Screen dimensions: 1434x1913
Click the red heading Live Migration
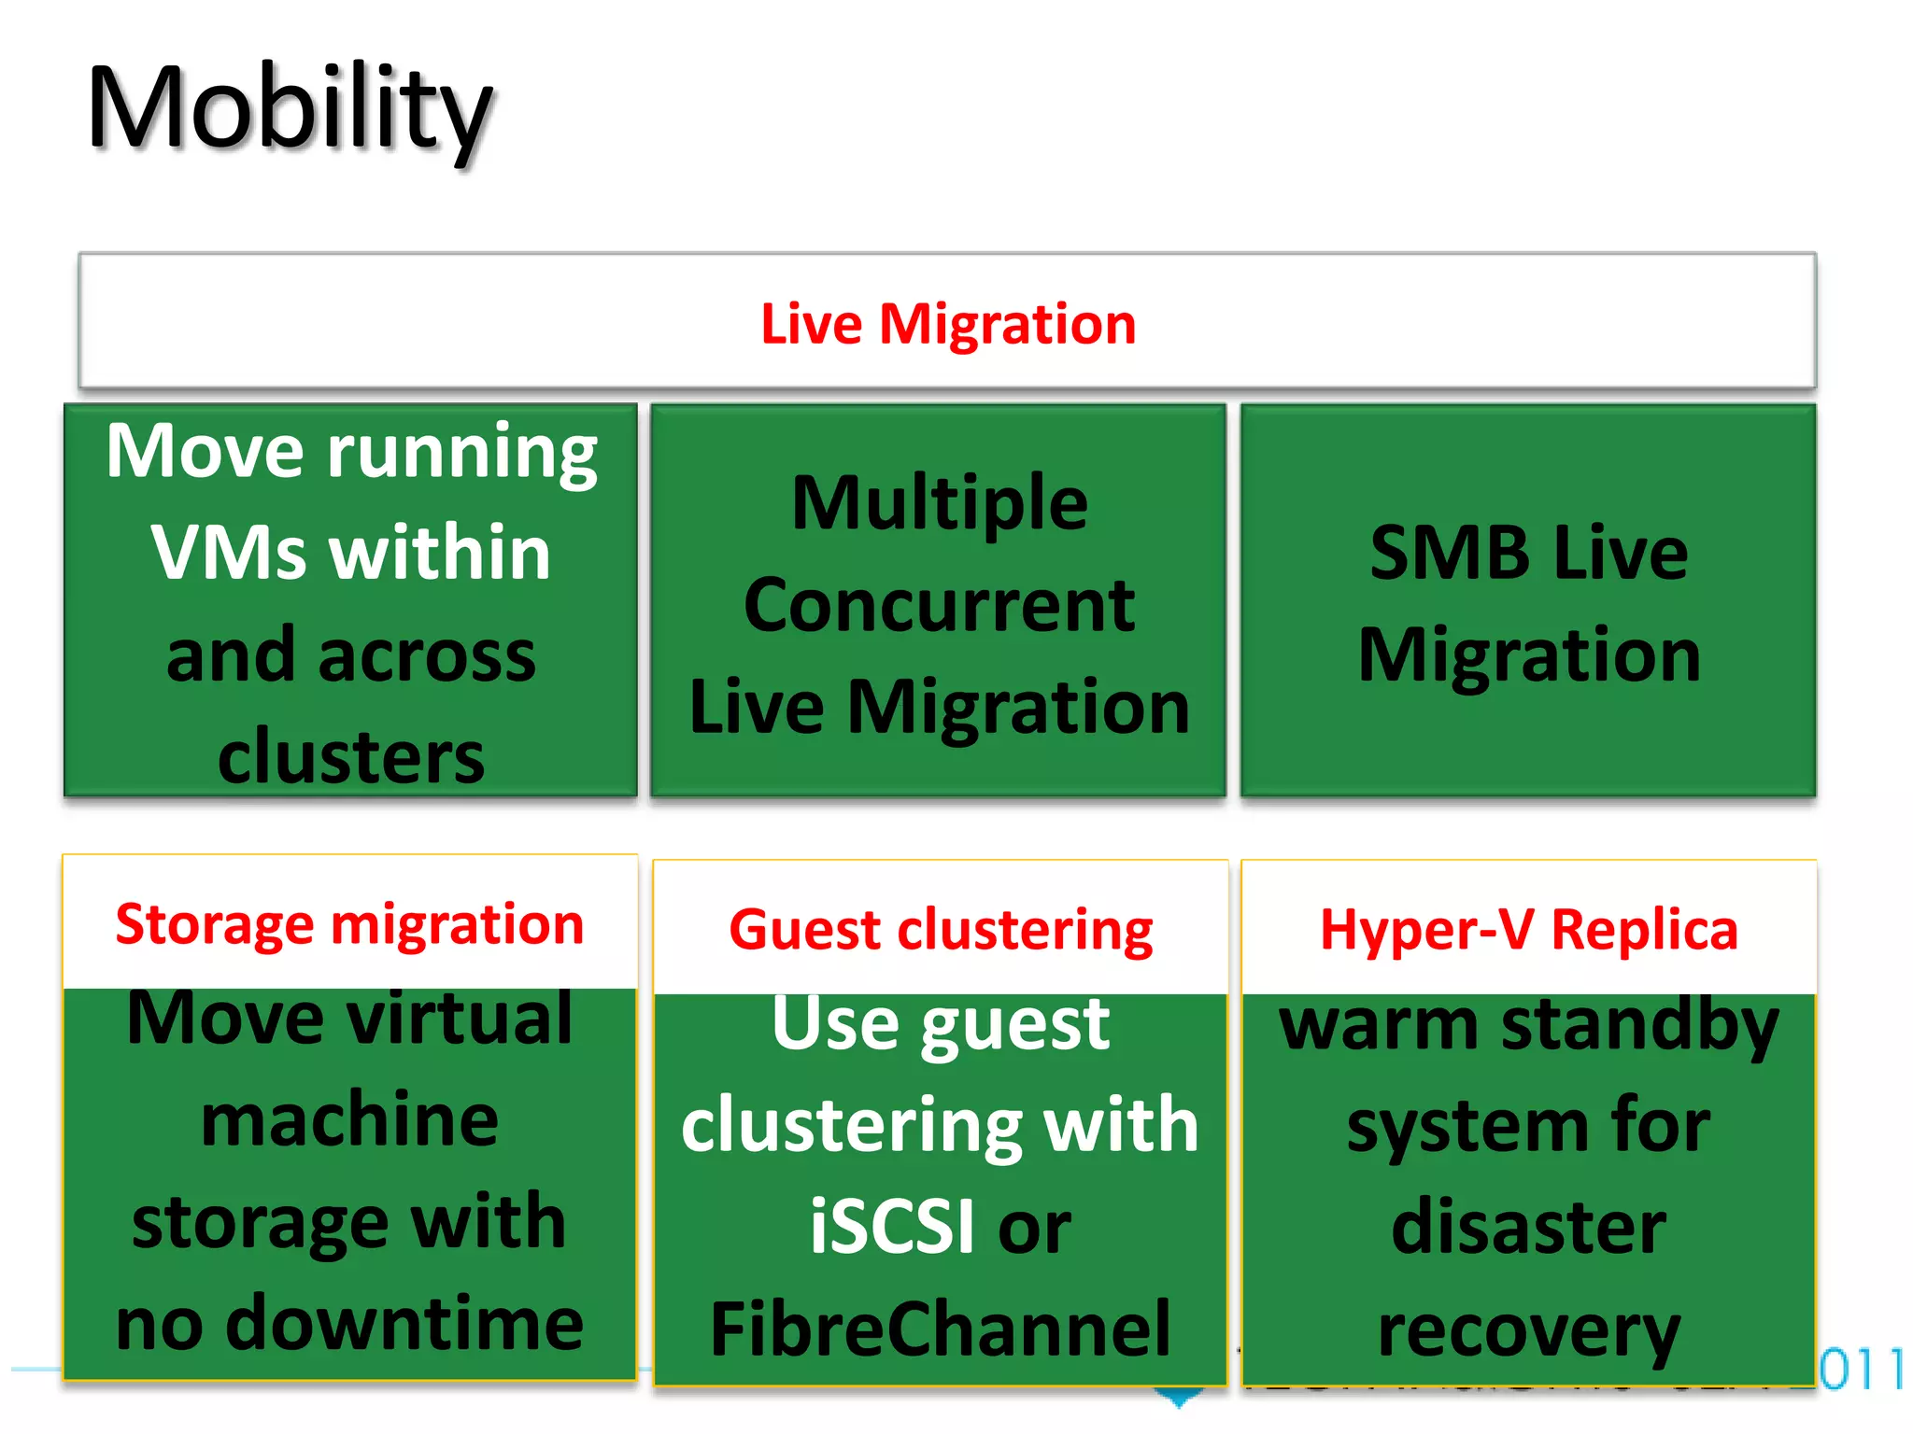coord(948,324)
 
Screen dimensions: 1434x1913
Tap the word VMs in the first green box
coord(229,553)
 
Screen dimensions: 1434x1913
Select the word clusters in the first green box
coord(351,756)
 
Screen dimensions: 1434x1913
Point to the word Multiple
coord(940,504)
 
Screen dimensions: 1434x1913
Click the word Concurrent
coord(940,606)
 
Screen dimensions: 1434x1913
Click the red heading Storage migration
coord(349,924)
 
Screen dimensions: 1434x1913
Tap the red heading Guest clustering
coord(941,931)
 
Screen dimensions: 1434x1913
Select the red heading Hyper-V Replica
coord(1529,931)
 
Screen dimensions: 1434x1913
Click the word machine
coord(349,1120)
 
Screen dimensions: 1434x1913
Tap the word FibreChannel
coord(940,1329)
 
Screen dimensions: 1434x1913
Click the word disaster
coord(1529,1227)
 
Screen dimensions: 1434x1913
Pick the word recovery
coord(1529,1331)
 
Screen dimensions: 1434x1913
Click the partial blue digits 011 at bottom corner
coord(1861,1370)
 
